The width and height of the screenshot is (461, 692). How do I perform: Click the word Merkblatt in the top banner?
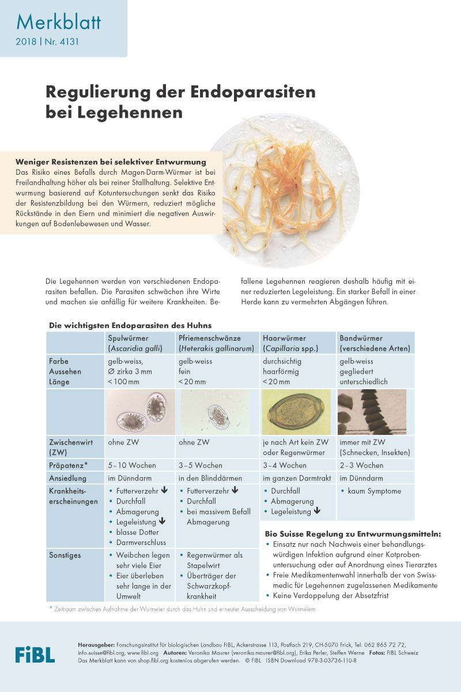click(58, 22)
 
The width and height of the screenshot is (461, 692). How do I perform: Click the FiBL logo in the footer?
click(35, 654)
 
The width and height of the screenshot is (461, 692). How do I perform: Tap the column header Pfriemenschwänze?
click(209, 338)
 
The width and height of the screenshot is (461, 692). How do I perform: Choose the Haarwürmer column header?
click(284, 338)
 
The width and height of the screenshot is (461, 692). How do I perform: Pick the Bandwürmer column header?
click(361, 338)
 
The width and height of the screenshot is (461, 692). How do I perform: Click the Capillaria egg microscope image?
click(296, 412)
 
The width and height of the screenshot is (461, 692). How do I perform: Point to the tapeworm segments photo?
click(371, 412)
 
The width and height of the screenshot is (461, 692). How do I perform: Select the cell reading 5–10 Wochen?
click(132, 465)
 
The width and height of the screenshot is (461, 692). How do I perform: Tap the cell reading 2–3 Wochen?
click(361, 465)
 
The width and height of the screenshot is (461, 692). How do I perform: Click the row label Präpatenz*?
click(69, 465)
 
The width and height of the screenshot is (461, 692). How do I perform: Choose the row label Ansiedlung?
click(67, 479)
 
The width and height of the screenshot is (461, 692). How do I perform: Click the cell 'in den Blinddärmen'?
click(211, 479)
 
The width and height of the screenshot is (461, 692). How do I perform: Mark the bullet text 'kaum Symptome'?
click(374, 491)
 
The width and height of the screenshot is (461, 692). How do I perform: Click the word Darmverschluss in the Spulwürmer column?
click(141, 543)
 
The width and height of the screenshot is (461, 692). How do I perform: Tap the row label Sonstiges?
click(66, 555)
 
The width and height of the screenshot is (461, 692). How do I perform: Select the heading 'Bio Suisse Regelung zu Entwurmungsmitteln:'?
click(353, 535)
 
